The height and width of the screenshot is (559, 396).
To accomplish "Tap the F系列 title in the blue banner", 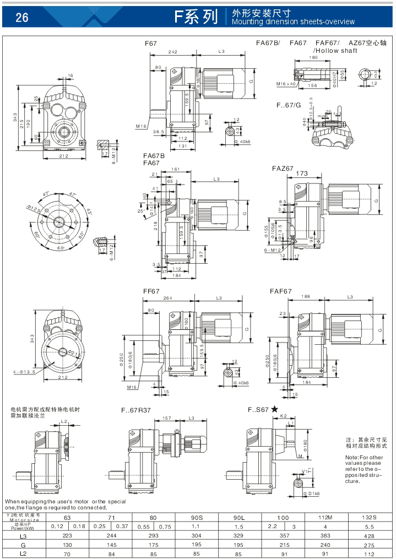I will (196, 17).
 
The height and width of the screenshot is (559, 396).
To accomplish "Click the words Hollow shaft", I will (337, 51).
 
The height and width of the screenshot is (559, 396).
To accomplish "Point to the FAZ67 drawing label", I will (283, 169).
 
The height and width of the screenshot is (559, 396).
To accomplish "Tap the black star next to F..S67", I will (274, 409).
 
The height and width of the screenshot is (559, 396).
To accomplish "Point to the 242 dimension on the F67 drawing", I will (172, 51).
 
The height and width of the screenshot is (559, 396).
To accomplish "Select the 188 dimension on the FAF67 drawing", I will (305, 297).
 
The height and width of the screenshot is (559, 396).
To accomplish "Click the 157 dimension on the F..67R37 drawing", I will (165, 418).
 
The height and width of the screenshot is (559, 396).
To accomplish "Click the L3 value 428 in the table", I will (369, 535).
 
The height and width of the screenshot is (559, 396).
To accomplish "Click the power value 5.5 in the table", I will (369, 526).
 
